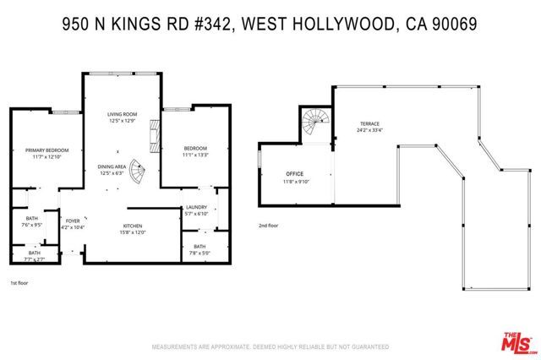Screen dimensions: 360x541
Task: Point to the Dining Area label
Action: (x=111, y=166)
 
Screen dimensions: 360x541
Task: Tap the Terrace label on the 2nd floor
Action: (x=369, y=124)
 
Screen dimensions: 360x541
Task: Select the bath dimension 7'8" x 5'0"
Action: (x=199, y=252)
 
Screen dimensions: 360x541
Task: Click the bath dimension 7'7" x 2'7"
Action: (x=35, y=259)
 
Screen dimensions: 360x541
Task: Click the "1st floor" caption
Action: (x=19, y=281)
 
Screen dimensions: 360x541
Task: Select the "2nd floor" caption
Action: (x=270, y=226)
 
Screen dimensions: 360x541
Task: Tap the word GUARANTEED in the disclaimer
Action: (x=365, y=346)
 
